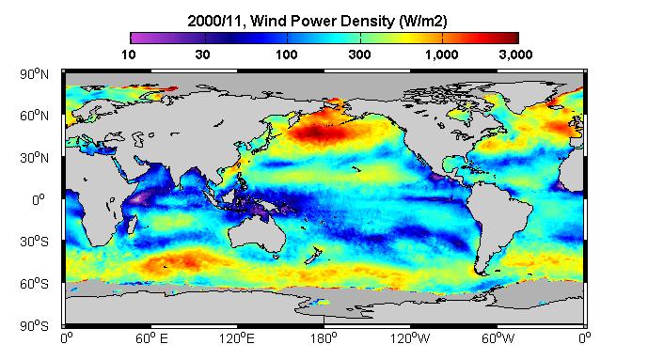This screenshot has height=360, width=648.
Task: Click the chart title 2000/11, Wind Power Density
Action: click(x=292, y=21)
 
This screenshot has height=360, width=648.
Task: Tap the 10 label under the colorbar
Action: click(x=129, y=55)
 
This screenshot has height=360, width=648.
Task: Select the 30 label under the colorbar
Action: click(x=202, y=55)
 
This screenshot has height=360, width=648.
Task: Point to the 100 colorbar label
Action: click(x=287, y=55)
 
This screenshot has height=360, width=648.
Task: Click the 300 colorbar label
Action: click(x=359, y=55)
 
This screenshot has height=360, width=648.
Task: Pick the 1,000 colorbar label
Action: click(x=442, y=55)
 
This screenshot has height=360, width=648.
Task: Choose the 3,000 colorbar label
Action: click(x=515, y=55)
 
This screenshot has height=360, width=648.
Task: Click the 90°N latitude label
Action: click(x=34, y=74)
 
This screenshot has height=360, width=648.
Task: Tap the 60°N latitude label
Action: click(x=34, y=116)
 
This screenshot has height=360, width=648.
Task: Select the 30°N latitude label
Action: click(x=34, y=158)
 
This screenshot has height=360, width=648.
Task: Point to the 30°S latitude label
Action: click(x=34, y=242)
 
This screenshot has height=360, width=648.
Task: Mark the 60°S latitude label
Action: click(x=34, y=284)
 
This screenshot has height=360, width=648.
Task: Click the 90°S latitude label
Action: click(x=34, y=326)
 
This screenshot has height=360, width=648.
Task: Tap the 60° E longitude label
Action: click(x=151, y=339)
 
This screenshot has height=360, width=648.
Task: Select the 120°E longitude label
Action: click(x=237, y=339)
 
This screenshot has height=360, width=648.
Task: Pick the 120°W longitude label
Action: click(x=410, y=339)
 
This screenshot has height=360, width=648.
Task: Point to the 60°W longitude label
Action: click(x=498, y=339)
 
